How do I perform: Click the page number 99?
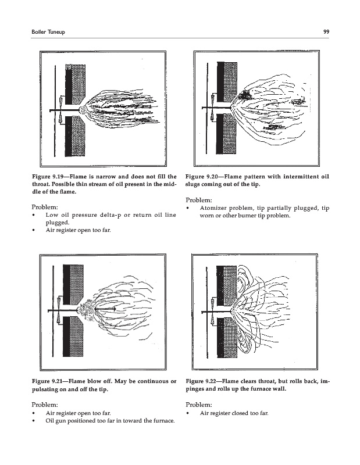[x=326, y=32]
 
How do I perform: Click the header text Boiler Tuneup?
[x=48, y=32]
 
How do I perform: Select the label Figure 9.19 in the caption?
[x=45, y=177]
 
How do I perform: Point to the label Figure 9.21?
[x=45, y=381]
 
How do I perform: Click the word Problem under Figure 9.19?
[x=45, y=207]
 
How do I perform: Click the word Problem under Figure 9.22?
[x=199, y=405]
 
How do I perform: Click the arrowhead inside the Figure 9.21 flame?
[x=113, y=309]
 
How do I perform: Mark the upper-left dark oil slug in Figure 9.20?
[x=245, y=95]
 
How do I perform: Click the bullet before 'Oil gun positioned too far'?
[x=34, y=421]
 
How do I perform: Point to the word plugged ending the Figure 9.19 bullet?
[x=57, y=223]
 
